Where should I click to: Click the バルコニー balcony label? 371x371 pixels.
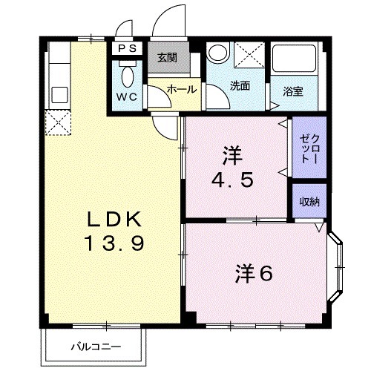tap(96, 346)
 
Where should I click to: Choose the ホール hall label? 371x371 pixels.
tap(181, 89)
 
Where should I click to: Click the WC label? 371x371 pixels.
tap(125, 97)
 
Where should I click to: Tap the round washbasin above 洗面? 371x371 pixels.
tap(218, 53)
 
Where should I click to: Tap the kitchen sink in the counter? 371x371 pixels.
tap(58, 95)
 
